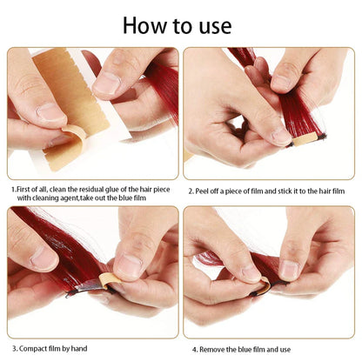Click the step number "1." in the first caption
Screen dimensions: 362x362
pos(13,188)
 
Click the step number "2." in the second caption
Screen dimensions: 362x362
pos(191,189)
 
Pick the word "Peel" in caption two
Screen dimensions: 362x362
pos(204,189)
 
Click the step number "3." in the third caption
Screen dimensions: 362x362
pos(12,349)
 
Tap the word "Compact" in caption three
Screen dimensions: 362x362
pos(34,349)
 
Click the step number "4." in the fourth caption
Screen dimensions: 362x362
pos(191,349)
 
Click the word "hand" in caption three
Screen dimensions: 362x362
pos(84,349)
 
